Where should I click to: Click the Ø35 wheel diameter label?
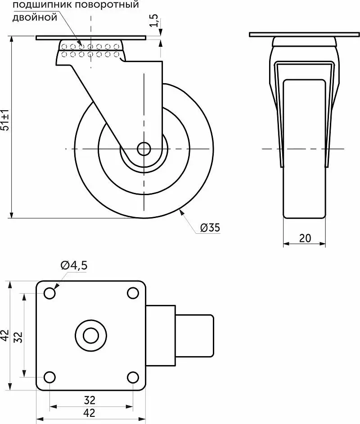(210, 228)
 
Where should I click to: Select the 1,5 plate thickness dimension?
(154, 20)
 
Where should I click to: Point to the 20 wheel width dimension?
(305, 238)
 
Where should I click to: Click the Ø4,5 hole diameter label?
(74, 265)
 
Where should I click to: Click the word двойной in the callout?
(35, 18)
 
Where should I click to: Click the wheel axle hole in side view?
(144, 149)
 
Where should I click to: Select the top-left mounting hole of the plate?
(49, 294)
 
